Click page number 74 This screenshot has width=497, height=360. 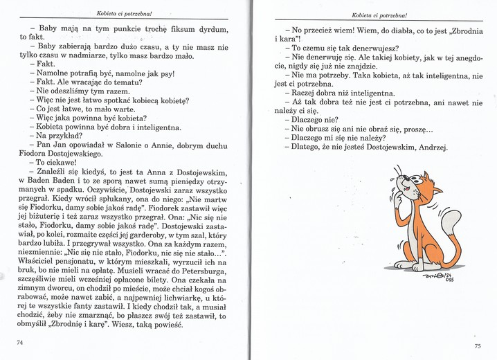coord(21,343)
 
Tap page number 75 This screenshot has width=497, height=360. coord(476,346)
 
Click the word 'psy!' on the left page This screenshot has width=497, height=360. coord(164,73)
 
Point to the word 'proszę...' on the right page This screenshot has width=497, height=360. coord(415,127)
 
